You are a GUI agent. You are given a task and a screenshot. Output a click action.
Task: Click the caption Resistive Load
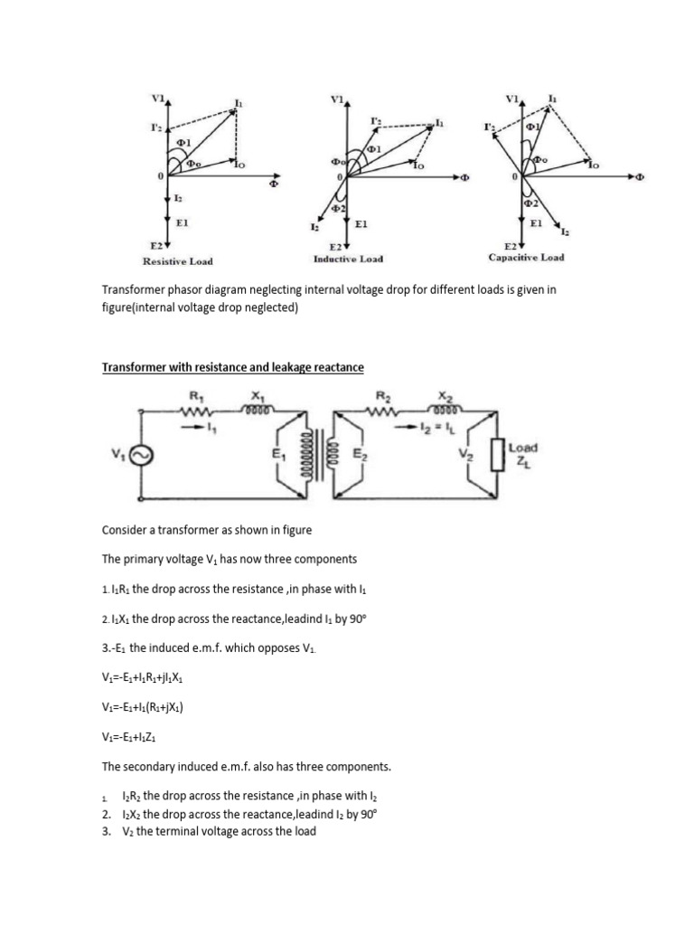[178, 261]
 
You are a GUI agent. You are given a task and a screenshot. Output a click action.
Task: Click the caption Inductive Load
[348, 259]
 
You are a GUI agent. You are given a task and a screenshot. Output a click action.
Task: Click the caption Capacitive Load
[526, 257]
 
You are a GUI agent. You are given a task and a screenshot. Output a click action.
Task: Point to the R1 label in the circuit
[194, 395]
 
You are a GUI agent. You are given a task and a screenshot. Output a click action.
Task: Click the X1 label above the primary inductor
[257, 395]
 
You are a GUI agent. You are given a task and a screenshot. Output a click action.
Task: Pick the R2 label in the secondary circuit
[382, 395]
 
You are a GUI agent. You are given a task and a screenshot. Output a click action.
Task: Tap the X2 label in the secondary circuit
[445, 395]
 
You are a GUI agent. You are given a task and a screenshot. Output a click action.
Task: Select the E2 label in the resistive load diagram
[155, 245]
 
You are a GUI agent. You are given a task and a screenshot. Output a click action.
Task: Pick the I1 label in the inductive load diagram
[440, 122]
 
